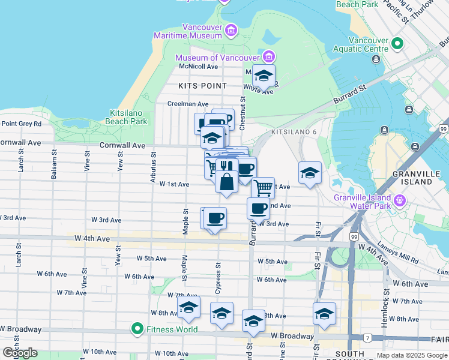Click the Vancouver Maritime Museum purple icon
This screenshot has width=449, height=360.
pyautogui.click(x=231, y=29)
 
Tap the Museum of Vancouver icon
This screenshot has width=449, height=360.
pyautogui.click(x=268, y=57)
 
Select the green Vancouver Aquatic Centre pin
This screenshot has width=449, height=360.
pyautogui.click(x=397, y=43)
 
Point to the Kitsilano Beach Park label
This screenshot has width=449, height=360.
pyautogui.click(x=128, y=117)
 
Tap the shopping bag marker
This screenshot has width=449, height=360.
pyautogui.click(x=227, y=182)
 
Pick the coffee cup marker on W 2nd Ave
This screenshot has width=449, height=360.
pyautogui.click(x=258, y=208)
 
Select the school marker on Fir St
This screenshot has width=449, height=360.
pyautogui.click(x=324, y=314)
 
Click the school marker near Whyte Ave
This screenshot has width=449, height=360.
pyautogui.click(x=263, y=76)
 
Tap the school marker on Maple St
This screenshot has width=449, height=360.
pyautogui.click(x=188, y=309)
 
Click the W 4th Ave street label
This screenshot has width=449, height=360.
pyautogui.click(x=92, y=238)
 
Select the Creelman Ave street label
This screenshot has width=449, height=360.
pyautogui.click(x=187, y=104)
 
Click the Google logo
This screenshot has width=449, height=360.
pyautogui.click(x=20, y=353)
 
